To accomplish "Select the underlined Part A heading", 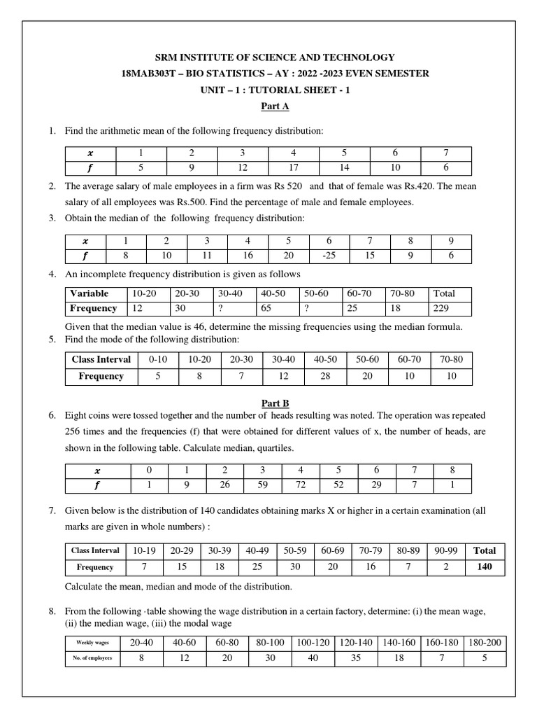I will (x=268, y=106).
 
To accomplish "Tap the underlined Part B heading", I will (x=268, y=403).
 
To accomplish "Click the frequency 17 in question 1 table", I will (x=293, y=167).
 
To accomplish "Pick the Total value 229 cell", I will (x=445, y=308).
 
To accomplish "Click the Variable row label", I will (x=89, y=294).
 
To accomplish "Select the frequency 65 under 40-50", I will (x=277, y=308).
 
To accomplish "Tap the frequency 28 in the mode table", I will (x=325, y=376).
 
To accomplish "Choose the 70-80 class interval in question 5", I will (x=451, y=359).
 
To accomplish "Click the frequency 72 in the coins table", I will (x=301, y=485).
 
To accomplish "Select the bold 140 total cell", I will (x=485, y=567).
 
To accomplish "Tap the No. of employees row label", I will (x=93, y=659).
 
